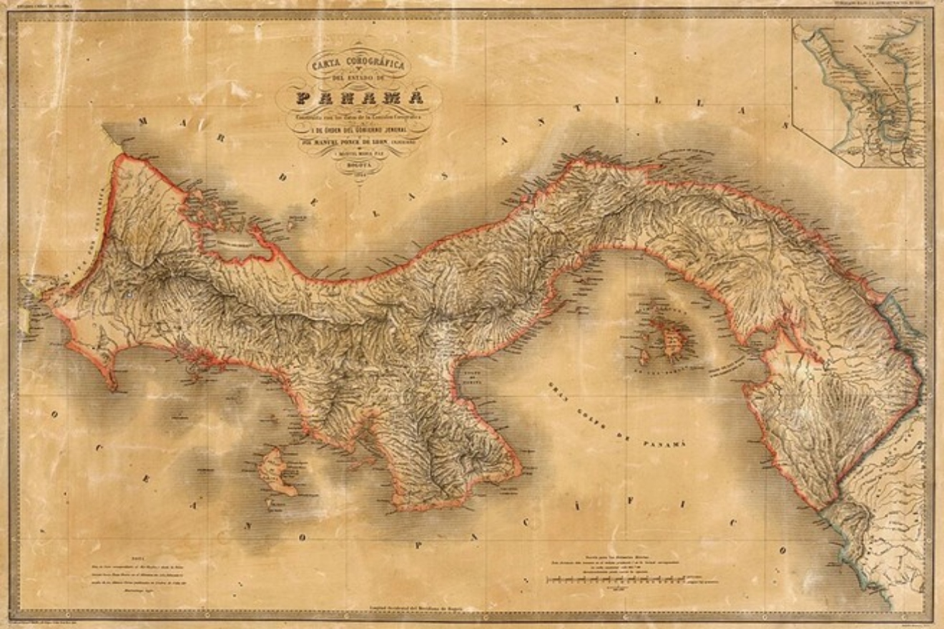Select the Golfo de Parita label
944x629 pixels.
tap(469, 377)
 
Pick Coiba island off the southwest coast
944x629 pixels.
tap(275, 471)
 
